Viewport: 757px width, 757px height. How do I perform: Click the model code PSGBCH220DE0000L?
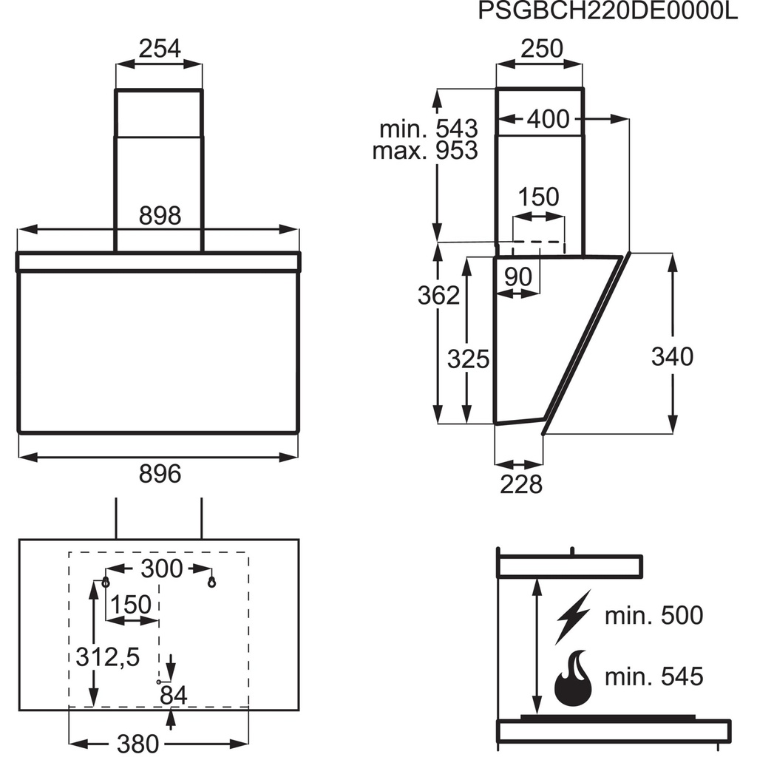(608, 13)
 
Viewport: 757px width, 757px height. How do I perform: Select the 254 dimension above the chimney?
(160, 49)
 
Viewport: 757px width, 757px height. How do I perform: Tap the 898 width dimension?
(160, 216)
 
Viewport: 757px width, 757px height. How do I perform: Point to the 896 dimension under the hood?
(160, 473)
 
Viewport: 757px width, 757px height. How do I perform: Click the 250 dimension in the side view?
(540, 49)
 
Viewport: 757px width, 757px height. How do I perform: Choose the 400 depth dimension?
(548, 118)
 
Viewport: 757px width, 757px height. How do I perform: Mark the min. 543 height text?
(428, 129)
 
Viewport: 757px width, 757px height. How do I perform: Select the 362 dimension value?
(438, 295)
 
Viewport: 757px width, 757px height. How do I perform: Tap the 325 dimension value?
(468, 359)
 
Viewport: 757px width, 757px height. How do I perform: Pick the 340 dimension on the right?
(672, 356)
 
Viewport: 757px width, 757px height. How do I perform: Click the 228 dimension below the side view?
(520, 484)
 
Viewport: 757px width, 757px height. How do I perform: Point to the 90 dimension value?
(518, 277)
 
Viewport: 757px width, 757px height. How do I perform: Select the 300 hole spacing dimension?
(160, 568)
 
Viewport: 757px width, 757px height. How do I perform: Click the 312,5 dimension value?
(107, 655)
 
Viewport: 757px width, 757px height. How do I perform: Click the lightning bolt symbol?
(573, 615)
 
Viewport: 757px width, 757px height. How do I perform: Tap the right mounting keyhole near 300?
(213, 581)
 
